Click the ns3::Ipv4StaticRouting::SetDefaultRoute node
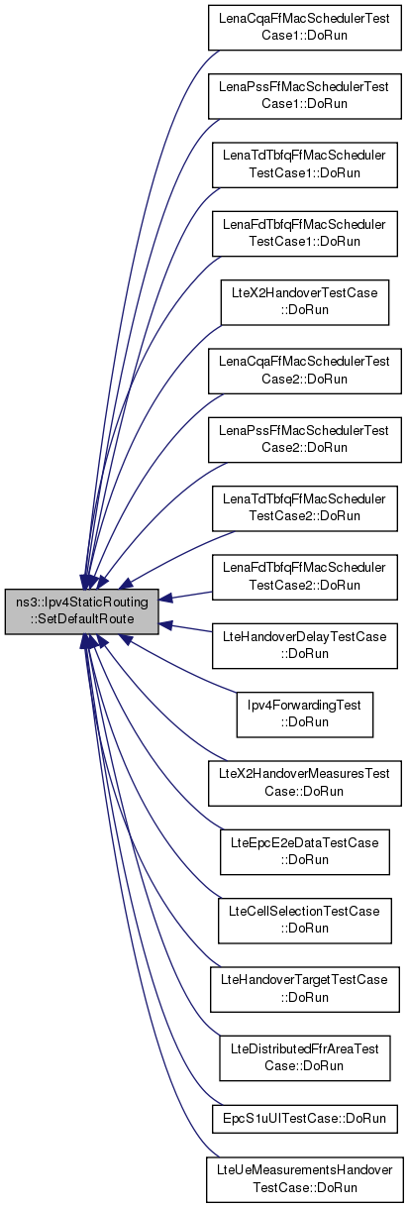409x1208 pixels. tap(82, 611)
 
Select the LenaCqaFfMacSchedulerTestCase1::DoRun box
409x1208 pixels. tap(304, 28)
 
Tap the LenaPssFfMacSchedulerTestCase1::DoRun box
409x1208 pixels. tap(304, 96)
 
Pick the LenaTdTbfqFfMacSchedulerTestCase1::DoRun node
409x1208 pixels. tap(304, 165)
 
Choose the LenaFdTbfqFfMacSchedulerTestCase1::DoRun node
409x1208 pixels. tap(304, 234)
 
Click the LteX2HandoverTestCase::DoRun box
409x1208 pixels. tap(304, 302)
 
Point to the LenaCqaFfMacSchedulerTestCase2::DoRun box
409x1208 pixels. tap(304, 371)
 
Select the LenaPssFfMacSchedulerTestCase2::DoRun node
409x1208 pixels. tap(304, 440)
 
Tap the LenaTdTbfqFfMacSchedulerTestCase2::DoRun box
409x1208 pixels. tap(304, 508)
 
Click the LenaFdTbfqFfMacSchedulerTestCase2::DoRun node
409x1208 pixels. tap(304, 577)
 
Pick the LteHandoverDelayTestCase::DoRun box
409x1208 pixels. tap(304, 646)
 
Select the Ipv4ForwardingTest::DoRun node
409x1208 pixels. tap(304, 714)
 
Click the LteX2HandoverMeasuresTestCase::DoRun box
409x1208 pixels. tap(304, 783)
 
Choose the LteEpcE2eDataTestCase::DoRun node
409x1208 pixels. tap(304, 852)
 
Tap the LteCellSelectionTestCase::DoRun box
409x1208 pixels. tap(304, 921)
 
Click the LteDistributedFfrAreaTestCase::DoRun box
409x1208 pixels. tap(304, 1058)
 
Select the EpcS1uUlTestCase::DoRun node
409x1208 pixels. tap(304, 1119)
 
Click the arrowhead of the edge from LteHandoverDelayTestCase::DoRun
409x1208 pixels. tap(165, 625)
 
